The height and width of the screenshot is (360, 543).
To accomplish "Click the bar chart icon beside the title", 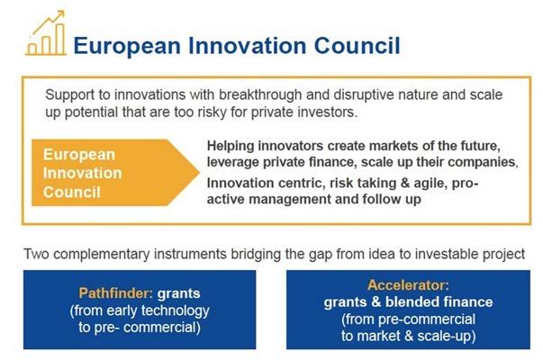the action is [x=46, y=33].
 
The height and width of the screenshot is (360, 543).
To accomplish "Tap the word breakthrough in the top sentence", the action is [x=260, y=94].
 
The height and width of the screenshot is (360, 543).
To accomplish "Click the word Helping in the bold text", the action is [x=231, y=147].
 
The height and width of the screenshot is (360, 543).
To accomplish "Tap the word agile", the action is [x=430, y=184].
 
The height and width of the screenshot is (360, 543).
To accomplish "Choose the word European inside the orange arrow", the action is [x=79, y=155].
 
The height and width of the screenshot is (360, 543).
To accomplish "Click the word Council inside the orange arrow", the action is [x=72, y=193].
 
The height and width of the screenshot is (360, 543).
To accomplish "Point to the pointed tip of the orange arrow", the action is [x=200, y=173].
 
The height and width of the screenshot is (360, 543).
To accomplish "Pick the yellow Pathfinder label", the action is [x=115, y=293].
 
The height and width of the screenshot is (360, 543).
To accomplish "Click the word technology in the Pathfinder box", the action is [x=176, y=310].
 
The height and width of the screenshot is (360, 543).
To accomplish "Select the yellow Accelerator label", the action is [x=408, y=285].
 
